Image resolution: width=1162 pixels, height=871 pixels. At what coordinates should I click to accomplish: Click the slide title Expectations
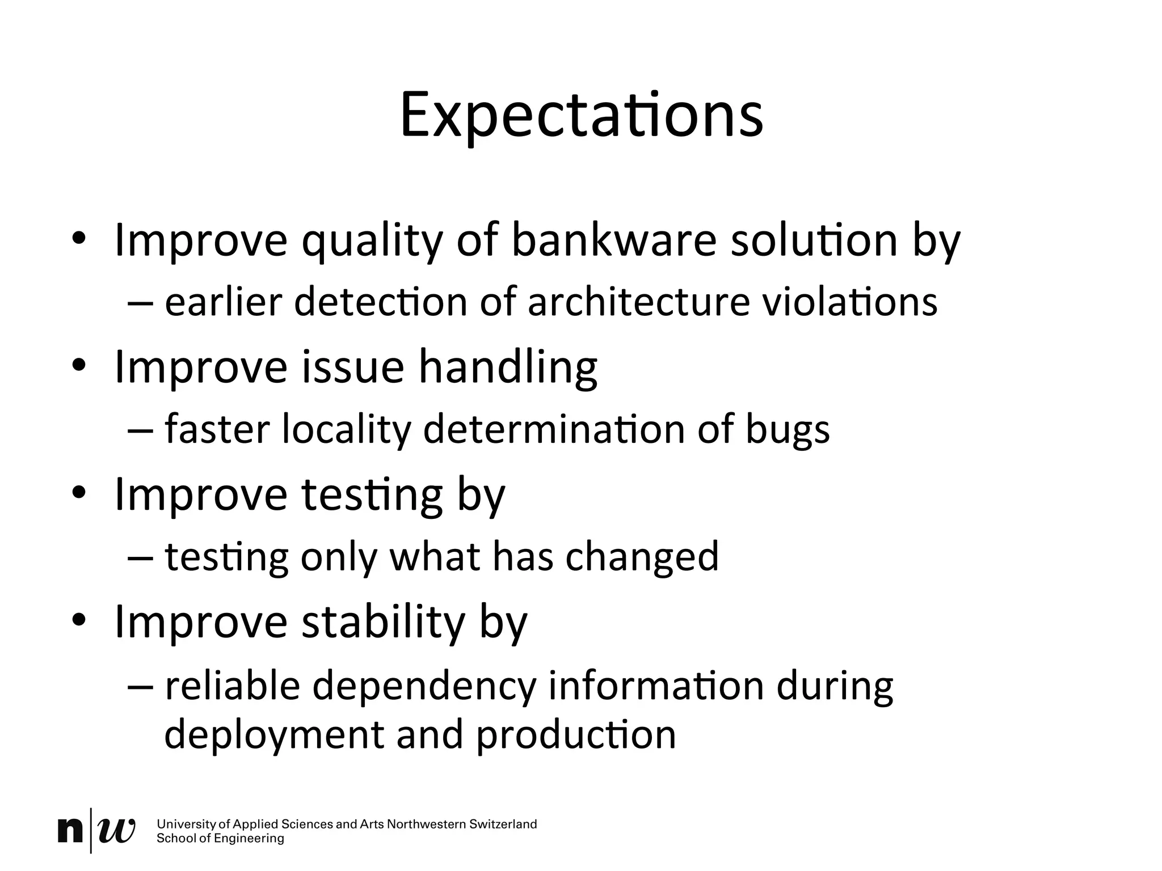click(x=581, y=116)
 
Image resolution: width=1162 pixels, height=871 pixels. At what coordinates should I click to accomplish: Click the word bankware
click(x=614, y=240)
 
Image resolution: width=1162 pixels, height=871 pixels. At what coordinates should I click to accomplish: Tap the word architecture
click(x=639, y=302)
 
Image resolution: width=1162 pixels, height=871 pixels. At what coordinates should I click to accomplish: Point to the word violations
click(x=849, y=302)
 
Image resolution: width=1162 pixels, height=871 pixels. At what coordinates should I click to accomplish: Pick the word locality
click(x=346, y=430)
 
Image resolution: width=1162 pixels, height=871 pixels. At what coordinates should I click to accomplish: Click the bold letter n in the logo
click(x=71, y=831)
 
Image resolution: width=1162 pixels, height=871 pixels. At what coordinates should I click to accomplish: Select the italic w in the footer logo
click(x=117, y=831)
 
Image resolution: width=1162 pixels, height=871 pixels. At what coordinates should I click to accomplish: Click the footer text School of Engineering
click(x=220, y=839)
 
